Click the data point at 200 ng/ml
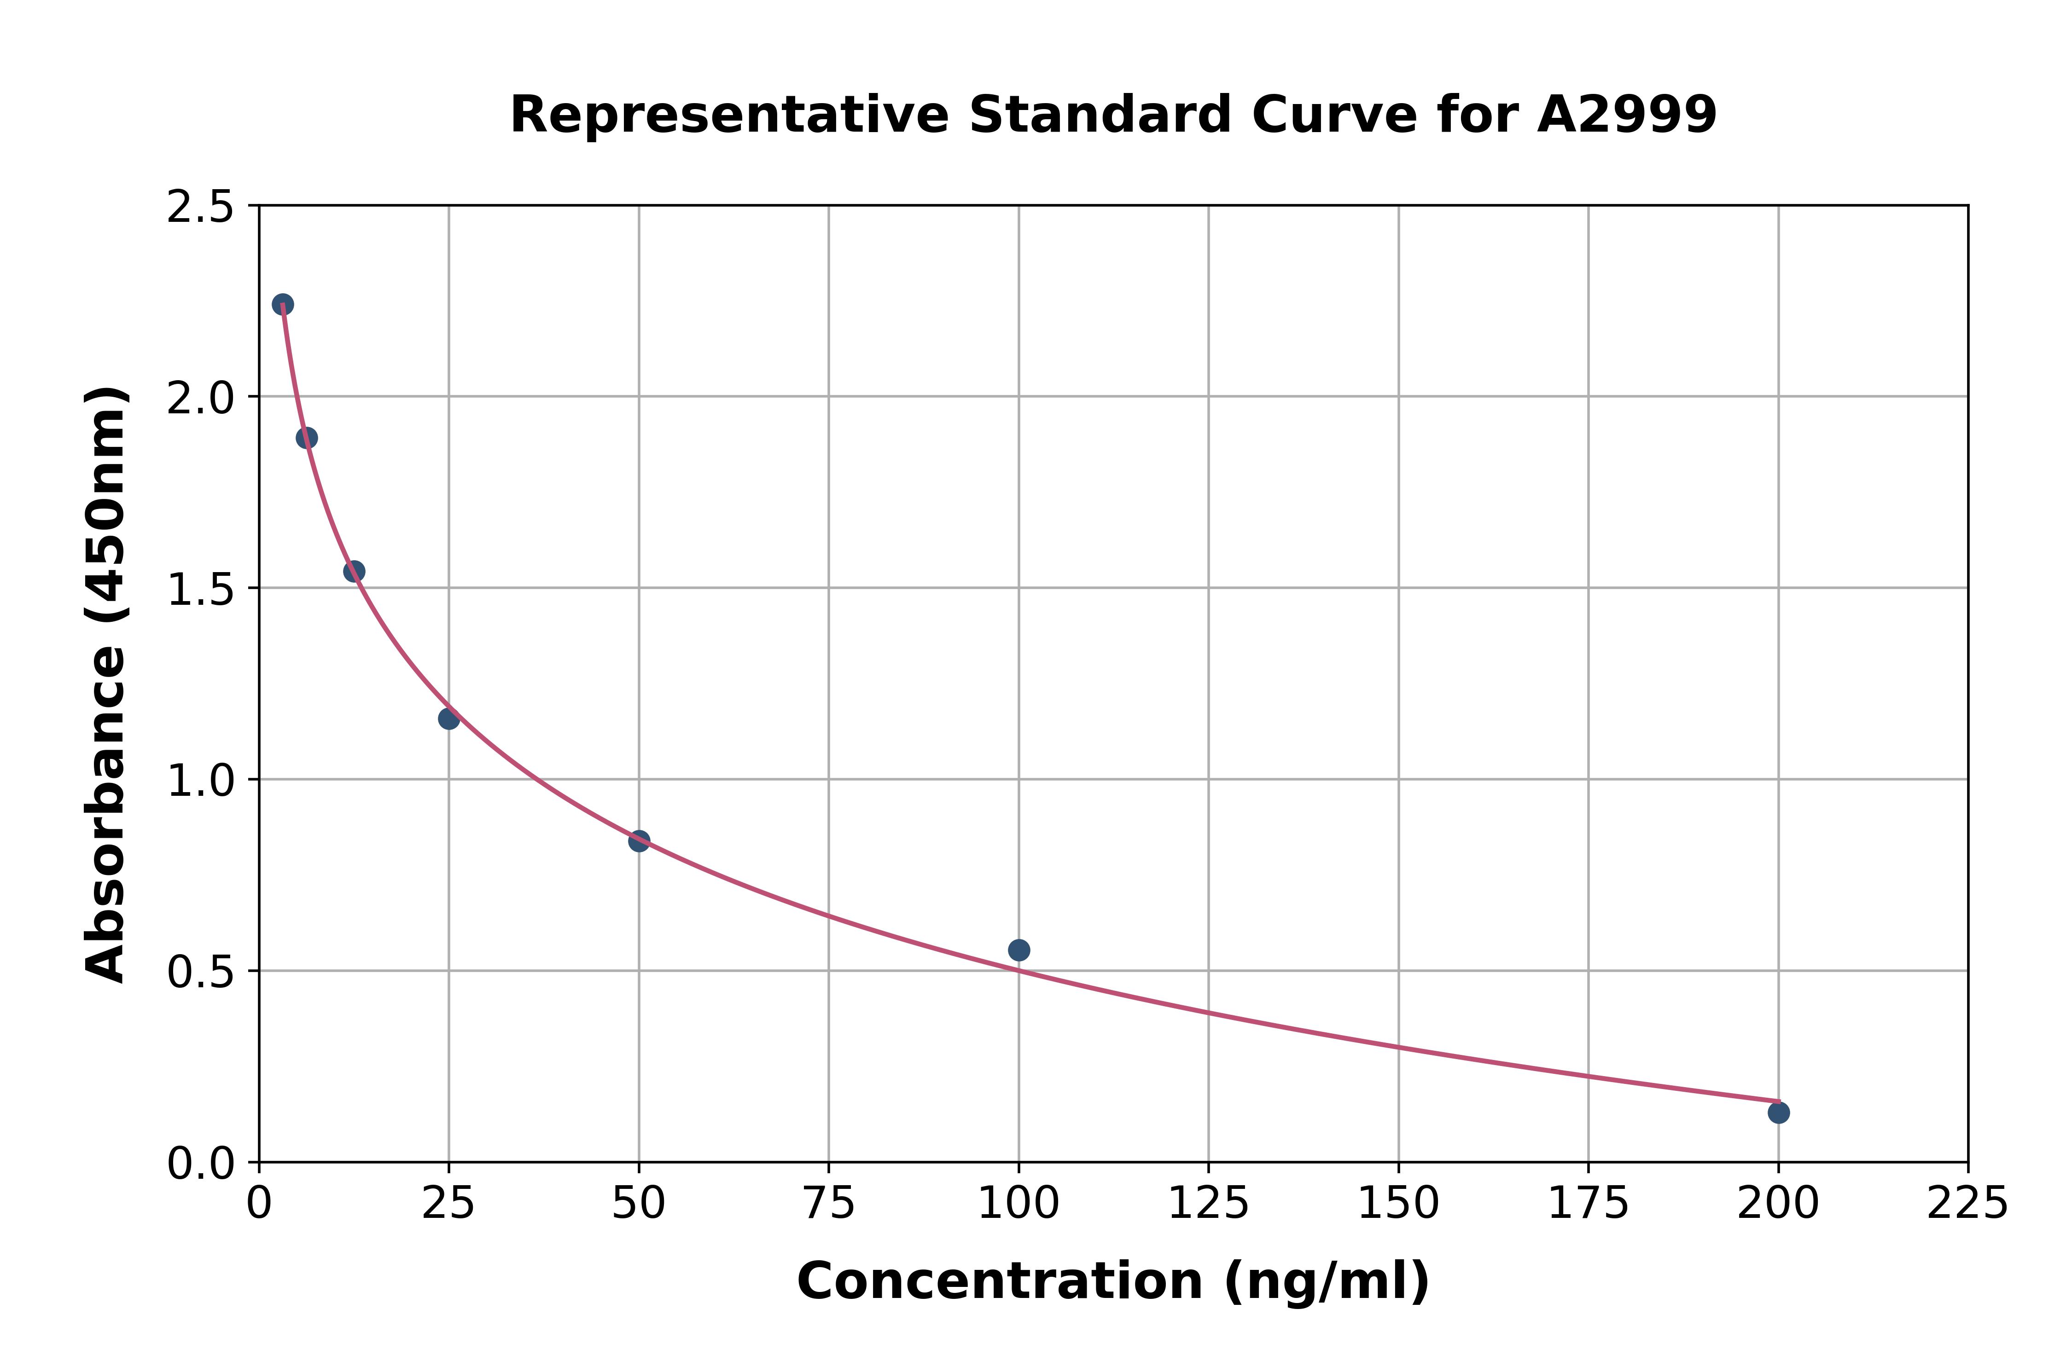[1778, 1112]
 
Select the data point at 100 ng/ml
[1019, 950]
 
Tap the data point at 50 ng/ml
[639, 840]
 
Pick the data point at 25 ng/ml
[449, 718]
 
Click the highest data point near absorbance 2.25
[283, 304]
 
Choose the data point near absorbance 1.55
[354, 571]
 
